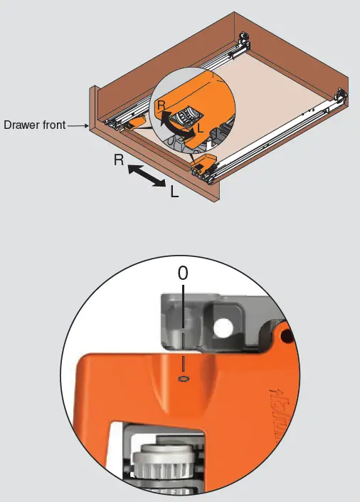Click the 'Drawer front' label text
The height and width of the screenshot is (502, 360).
(x=35, y=125)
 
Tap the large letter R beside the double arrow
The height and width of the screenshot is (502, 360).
(x=119, y=162)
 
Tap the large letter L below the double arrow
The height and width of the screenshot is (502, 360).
(x=174, y=191)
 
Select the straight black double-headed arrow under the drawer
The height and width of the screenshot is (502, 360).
(x=147, y=176)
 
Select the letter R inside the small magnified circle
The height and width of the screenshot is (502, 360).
(x=162, y=106)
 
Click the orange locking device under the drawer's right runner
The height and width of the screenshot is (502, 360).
(x=203, y=163)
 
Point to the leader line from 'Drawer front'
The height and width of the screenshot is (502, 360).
(x=77, y=126)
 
